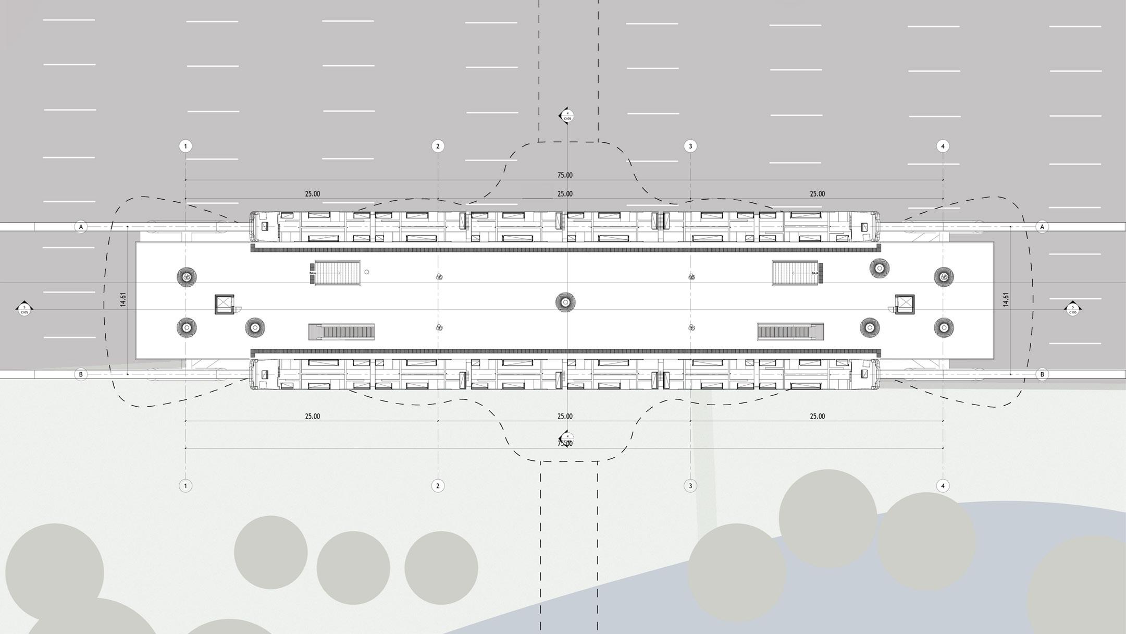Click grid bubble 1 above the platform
click(x=185, y=146)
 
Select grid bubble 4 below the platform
click(x=943, y=486)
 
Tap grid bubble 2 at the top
click(x=438, y=146)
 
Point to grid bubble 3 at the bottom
click(x=690, y=486)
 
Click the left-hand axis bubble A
click(x=81, y=227)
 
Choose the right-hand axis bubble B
click(x=1042, y=374)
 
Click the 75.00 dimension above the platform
click(x=565, y=175)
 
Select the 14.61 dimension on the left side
click(x=123, y=300)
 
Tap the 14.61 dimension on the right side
click(x=1006, y=300)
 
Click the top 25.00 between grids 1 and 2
click(x=313, y=194)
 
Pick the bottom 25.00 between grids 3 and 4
click(x=817, y=416)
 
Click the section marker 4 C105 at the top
click(x=567, y=116)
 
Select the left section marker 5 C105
click(x=24, y=310)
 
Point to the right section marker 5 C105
click(x=1072, y=310)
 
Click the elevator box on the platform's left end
click(x=225, y=304)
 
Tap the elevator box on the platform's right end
click(x=905, y=304)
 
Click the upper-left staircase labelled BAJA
click(x=337, y=273)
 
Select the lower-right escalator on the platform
click(x=790, y=331)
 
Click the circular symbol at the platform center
click(x=565, y=302)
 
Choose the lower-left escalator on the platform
click(x=342, y=332)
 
